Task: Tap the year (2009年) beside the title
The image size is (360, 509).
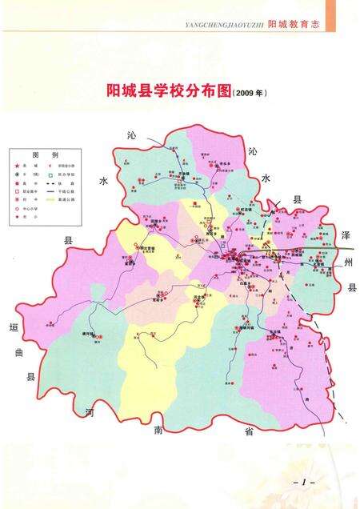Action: click(249, 94)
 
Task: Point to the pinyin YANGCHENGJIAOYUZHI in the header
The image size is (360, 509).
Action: click(224, 26)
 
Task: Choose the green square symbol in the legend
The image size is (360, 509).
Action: click(50, 174)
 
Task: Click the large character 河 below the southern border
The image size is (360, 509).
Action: click(90, 412)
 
